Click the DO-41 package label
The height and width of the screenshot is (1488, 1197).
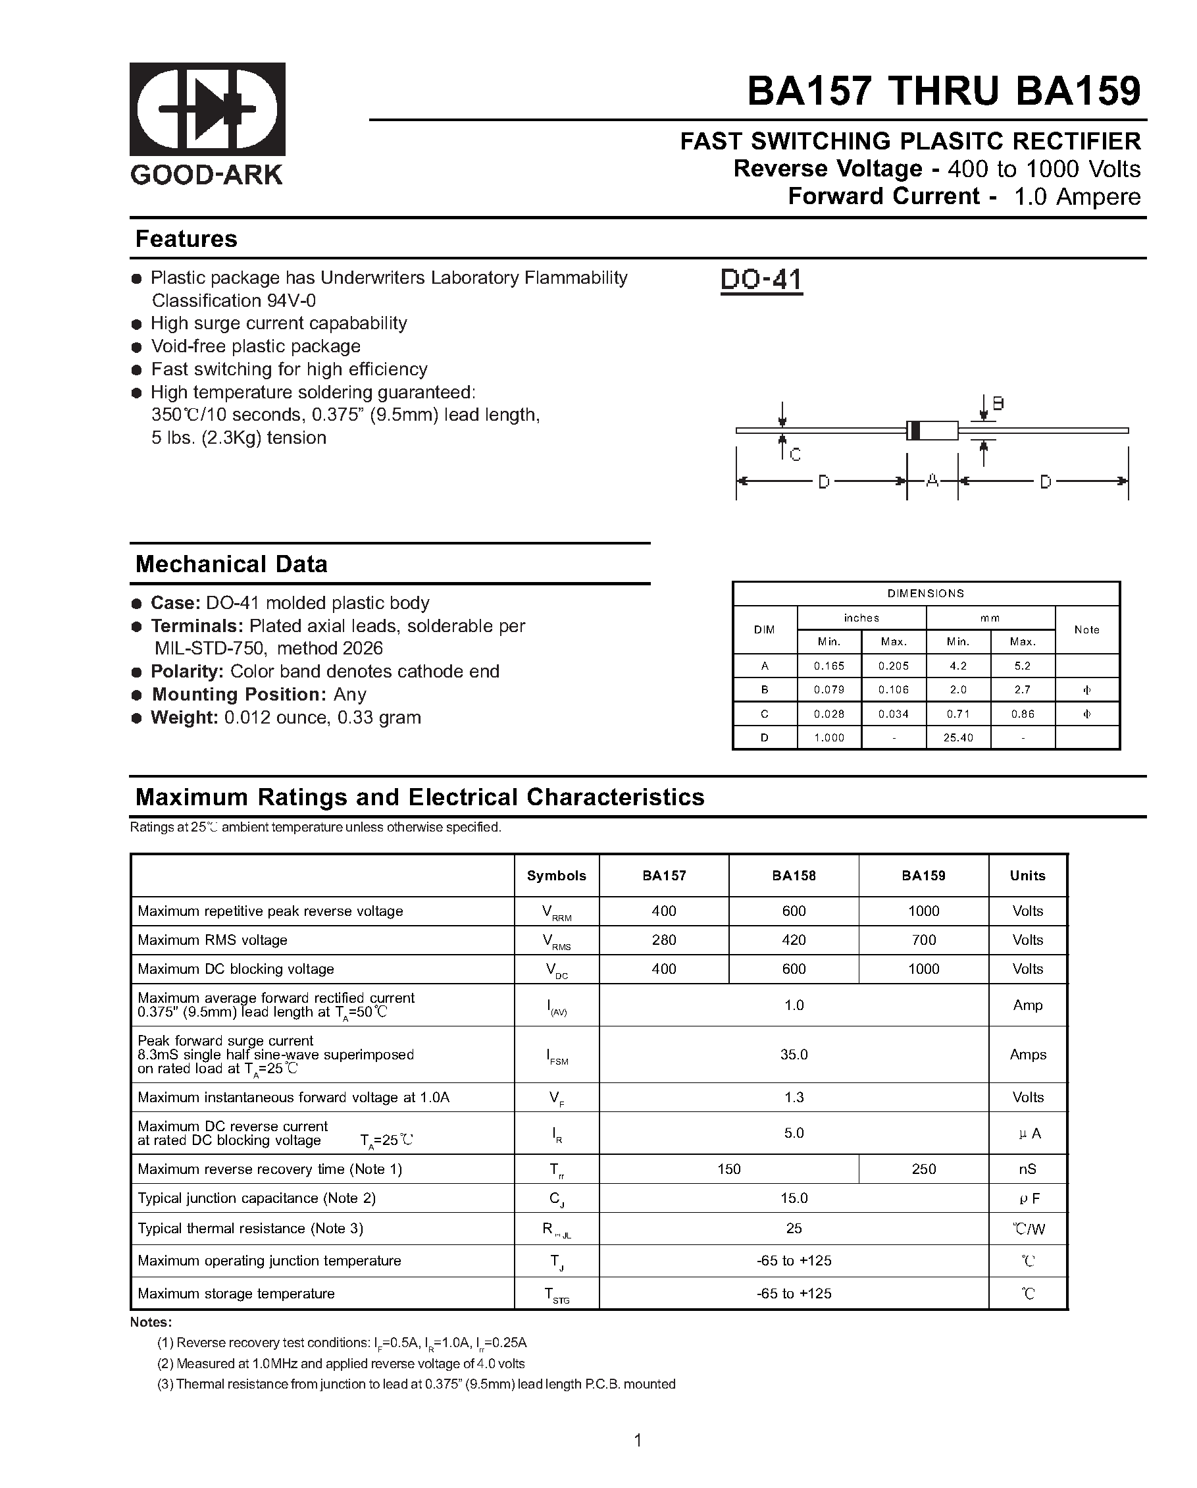pyautogui.click(x=761, y=280)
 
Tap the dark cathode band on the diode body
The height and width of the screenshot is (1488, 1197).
pyautogui.click(x=914, y=430)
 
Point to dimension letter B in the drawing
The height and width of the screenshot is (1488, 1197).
pyautogui.click(x=998, y=404)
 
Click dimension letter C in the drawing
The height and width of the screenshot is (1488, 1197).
pyautogui.click(x=795, y=455)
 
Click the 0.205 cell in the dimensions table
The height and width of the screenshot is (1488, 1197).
pyautogui.click(x=894, y=666)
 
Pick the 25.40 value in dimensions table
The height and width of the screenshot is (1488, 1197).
pyautogui.click(x=957, y=738)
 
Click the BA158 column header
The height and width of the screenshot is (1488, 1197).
pyautogui.click(x=794, y=876)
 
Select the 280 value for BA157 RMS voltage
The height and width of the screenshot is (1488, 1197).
pyautogui.click(x=664, y=940)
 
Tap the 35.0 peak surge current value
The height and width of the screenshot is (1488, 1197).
pyautogui.click(x=794, y=1055)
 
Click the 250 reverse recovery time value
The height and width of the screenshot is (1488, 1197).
pyautogui.click(x=923, y=1169)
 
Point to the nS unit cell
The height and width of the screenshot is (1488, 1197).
pyautogui.click(x=1027, y=1169)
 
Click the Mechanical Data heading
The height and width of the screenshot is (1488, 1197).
pyautogui.click(x=231, y=564)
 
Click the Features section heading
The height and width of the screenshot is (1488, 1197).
pyautogui.click(x=186, y=239)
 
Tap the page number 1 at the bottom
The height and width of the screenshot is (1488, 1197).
pyautogui.click(x=638, y=1441)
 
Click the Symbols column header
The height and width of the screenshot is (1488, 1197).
pyautogui.click(x=556, y=876)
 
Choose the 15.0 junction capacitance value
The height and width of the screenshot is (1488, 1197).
pyautogui.click(x=794, y=1198)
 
